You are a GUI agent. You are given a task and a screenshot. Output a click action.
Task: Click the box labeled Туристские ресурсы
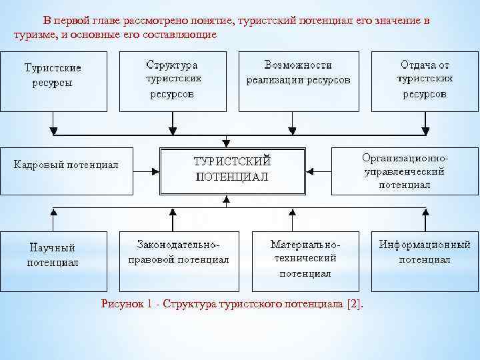(x=53, y=81)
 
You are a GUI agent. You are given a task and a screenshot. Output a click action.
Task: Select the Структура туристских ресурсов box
(x=172, y=81)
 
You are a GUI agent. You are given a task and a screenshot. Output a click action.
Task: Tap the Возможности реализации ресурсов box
(x=298, y=81)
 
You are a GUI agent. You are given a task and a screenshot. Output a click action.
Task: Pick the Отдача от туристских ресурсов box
(x=425, y=81)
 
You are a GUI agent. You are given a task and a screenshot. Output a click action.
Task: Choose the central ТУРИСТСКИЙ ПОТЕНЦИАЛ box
(x=231, y=171)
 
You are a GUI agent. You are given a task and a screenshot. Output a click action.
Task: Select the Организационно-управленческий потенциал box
(x=405, y=171)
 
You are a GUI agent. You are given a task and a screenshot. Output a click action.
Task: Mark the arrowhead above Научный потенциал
(x=54, y=212)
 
